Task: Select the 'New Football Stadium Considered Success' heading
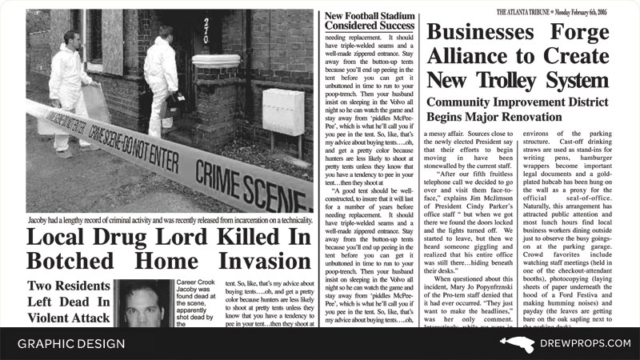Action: (369, 21)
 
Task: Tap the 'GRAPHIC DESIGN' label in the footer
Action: (71, 344)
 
